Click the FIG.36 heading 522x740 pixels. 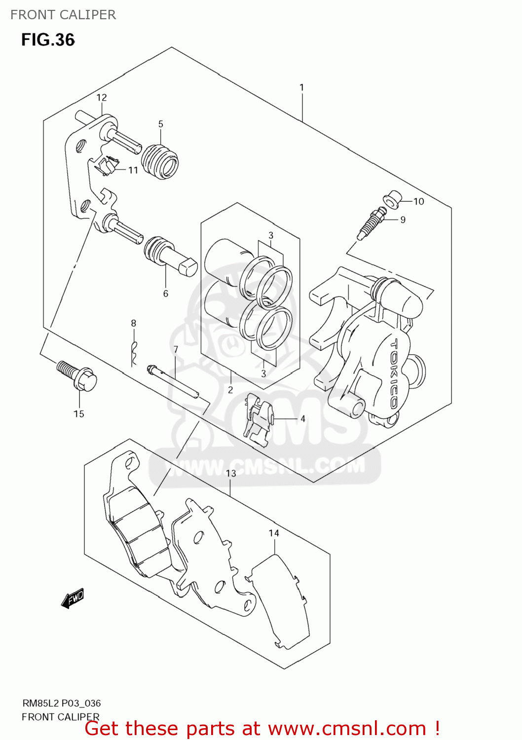tap(48, 40)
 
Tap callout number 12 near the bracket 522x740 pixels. tap(102, 98)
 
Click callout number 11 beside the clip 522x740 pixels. tap(133, 170)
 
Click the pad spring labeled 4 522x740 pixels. tap(258, 419)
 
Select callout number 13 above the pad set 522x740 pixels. tap(231, 474)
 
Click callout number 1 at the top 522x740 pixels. tap(301, 87)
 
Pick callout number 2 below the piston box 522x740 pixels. tap(230, 390)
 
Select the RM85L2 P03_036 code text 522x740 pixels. tap(62, 703)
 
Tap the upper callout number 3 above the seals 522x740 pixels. tap(271, 235)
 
